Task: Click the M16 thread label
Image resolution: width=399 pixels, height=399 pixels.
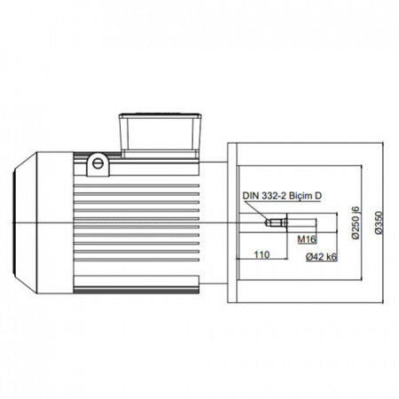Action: (307, 239)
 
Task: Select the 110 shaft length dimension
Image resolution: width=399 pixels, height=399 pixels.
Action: (262, 254)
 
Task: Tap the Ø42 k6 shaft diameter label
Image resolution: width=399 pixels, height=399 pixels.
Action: (322, 257)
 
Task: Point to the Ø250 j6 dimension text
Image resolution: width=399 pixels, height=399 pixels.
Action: (356, 222)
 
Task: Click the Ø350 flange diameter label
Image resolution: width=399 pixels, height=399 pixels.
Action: (379, 223)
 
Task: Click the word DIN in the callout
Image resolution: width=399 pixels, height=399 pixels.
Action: (251, 196)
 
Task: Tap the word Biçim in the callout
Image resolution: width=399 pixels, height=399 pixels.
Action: (301, 196)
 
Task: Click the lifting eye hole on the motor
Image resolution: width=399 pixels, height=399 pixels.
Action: (98, 163)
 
